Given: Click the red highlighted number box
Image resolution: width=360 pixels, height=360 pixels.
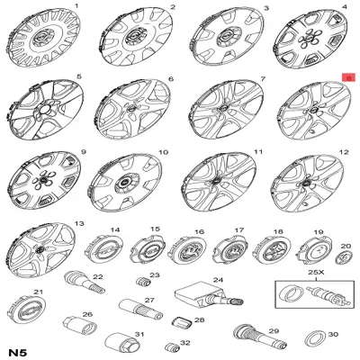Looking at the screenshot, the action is tap(348, 77).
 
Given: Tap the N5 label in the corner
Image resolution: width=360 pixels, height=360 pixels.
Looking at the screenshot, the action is tap(18, 352).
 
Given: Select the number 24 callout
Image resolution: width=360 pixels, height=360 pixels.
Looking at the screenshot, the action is tap(218, 280).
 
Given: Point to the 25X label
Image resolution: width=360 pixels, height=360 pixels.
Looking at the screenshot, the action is tap(316, 273).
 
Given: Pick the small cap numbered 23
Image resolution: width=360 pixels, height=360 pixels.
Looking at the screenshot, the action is tap(144, 282).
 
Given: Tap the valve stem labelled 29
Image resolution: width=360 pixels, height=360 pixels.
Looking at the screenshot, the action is tap(259, 337).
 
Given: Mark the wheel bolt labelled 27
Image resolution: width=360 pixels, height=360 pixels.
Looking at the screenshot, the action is tap(140, 309).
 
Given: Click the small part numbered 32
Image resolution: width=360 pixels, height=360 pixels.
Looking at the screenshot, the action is tap(172, 347).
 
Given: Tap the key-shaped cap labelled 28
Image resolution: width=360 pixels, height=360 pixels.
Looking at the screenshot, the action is tap(182, 323).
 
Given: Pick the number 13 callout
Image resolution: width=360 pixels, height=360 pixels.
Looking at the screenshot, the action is tap(79, 223).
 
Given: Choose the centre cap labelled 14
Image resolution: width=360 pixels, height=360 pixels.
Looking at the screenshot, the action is tap(103, 250).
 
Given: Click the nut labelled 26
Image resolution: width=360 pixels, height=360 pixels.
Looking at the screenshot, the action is tap(80, 326).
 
